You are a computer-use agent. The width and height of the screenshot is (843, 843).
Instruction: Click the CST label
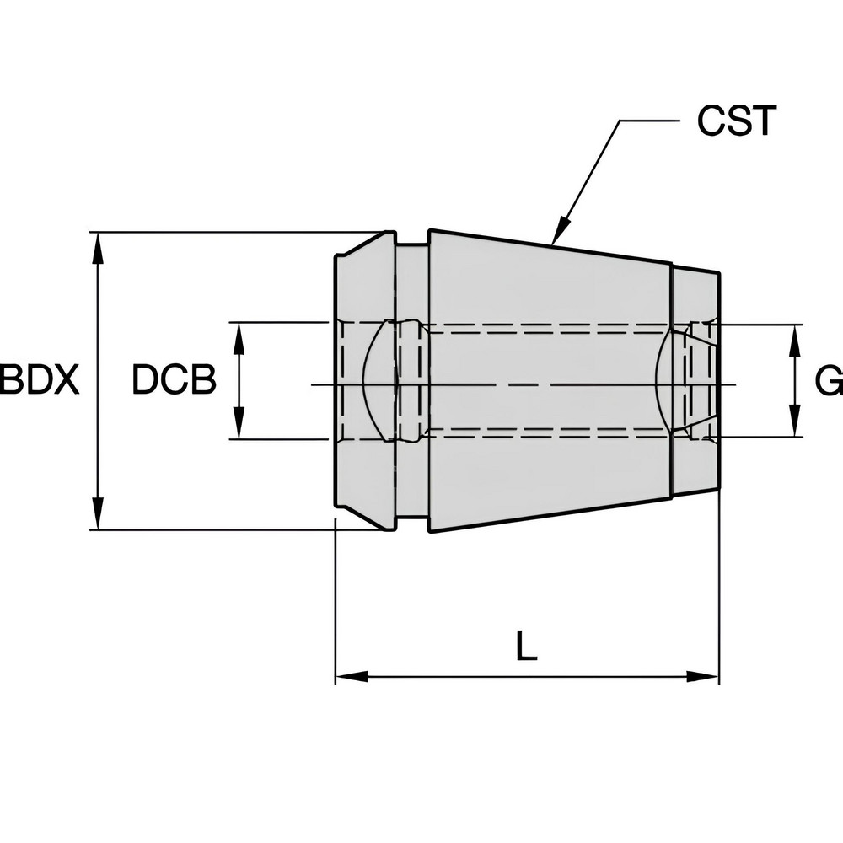[x=735, y=121]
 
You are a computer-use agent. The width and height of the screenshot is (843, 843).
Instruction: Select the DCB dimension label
[x=174, y=381]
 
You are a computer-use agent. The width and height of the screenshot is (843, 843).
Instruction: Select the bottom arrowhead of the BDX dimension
[x=99, y=516]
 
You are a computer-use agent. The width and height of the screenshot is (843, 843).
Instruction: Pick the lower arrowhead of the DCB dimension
[x=239, y=425]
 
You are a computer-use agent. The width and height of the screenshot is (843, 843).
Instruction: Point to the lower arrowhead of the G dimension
[x=794, y=424]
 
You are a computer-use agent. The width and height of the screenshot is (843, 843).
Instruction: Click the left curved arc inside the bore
[x=371, y=381]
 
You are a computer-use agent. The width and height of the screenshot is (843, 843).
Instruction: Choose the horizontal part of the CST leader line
[x=649, y=121]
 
